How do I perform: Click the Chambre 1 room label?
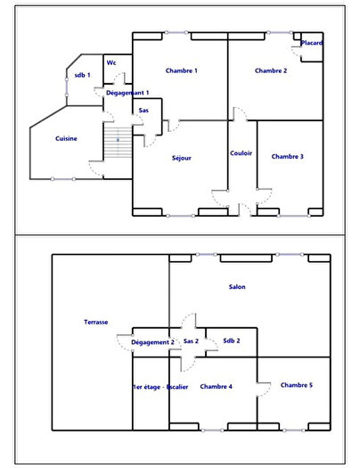click(x=181, y=70)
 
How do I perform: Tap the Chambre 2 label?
click(x=270, y=70)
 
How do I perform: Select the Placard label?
click(x=311, y=43)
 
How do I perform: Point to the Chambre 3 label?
click(x=287, y=156)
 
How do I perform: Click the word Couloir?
click(x=241, y=153)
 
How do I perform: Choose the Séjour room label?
click(x=182, y=158)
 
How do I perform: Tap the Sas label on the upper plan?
click(x=143, y=111)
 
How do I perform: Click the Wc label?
click(x=111, y=62)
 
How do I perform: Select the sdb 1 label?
click(x=82, y=74)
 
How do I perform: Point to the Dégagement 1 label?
click(x=127, y=93)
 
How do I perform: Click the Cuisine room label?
click(x=66, y=138)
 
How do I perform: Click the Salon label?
click(x=237, y=286)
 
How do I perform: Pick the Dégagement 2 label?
click(x=152, y=341)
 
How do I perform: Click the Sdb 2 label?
click(x=232, y=341)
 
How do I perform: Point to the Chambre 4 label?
click(x=217, y=386)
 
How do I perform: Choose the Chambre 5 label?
click(x=296, y=384)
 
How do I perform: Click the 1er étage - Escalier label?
click(x=160, y=386)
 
